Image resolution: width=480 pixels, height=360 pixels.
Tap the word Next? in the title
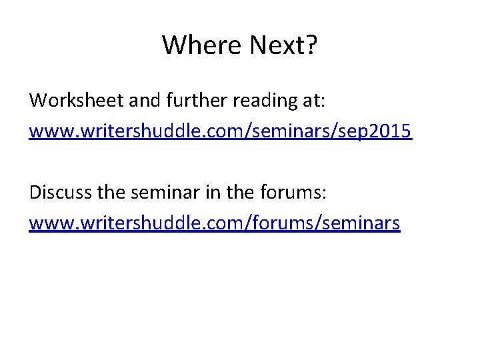tap(283, 45)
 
